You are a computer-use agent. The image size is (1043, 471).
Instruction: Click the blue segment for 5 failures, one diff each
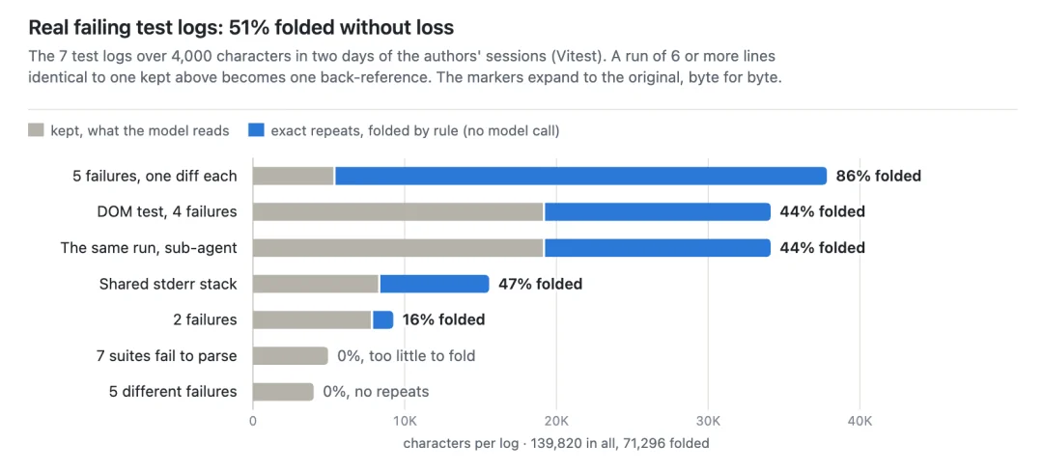pyautogui.click(x=580, y=176)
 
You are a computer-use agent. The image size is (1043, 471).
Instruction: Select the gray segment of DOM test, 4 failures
pyautogui.click(x=399, y=212)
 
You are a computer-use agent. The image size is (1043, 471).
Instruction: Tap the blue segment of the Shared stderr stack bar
pyautogui.click(x=434, y=284)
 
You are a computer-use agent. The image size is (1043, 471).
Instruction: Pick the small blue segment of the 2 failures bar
pyautogui.click(x=382, y=319)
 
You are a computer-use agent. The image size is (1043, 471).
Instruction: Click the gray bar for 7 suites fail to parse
pyautogui.click(x=290, y=355)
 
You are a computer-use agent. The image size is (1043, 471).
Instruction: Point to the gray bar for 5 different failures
pyautogui.click(x=283, y=391)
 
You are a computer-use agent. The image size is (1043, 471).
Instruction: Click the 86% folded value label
pyautogui.click(x=878, y=176)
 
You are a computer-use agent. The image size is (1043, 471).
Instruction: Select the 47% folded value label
pyautogui.click(x=540, y=284)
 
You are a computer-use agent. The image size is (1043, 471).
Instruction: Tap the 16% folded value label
pyautogui.click(x=443, y=319)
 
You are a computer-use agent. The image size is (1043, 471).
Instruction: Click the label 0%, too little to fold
pyautogui.click(x=406, y=355)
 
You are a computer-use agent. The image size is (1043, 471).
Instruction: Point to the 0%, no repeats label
pyautogui.click(x=376, y=391)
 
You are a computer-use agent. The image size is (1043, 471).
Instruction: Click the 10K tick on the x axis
pyautogui.click(x=405, y=420)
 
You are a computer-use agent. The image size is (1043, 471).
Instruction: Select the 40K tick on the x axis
pyautogui.click(x=860, y=420)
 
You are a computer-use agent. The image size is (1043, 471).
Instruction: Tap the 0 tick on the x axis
pyautogui.click(x=253, y=420)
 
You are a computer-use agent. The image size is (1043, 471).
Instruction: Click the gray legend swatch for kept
pyautogui.click(x=36, y=130)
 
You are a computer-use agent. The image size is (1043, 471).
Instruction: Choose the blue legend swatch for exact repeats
pyautogui.click(x=256, y=130)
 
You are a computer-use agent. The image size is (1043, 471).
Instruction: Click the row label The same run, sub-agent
pyautogui.click(x=149, y=248)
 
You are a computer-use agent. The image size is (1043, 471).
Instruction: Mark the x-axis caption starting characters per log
pyautogui.click(x=556, y=442)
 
